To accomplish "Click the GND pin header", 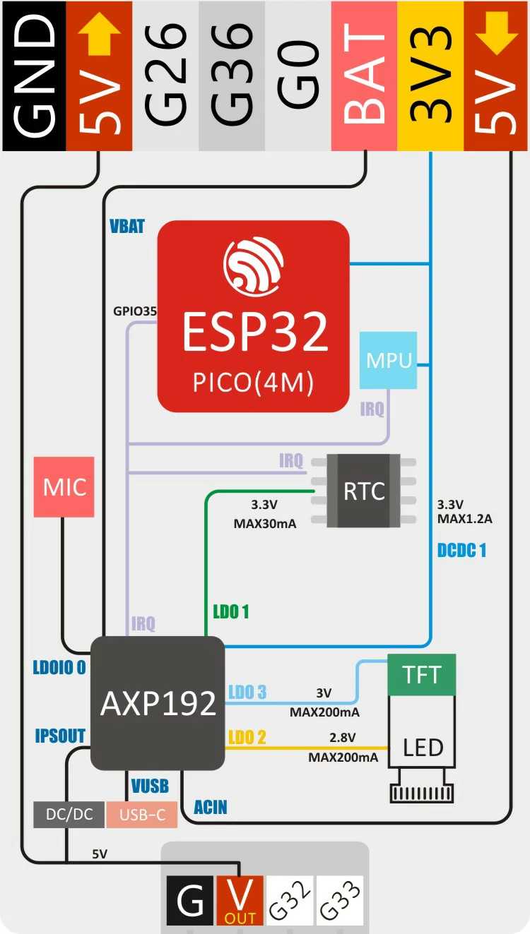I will coord(33,76).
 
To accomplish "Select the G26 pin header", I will coord(165,76).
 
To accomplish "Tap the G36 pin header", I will coord(232,76).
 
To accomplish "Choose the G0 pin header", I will coord(298,76).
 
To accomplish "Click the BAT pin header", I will coord(365,76).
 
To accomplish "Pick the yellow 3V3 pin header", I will coord(430,76).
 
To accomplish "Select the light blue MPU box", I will coord(388,360).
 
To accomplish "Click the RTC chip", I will coord(364,491).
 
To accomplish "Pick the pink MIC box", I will coord(64,487).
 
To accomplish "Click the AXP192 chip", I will coord(158,703).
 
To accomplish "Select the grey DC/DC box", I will coord(69,814).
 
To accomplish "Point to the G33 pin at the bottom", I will coord(339,900).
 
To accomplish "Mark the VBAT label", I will coord(127,227).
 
